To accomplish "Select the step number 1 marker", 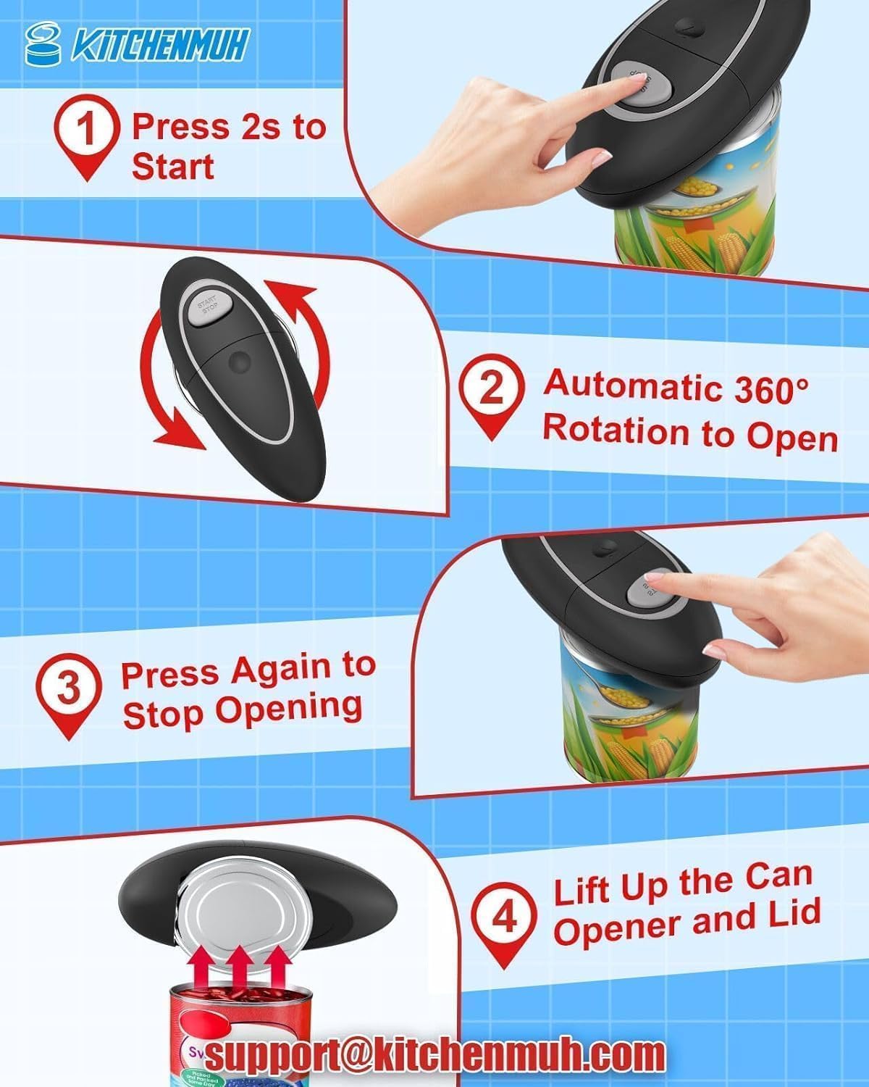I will click(x=86, y=131).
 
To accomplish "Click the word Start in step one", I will click(x=173, y=167).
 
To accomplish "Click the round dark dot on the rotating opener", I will click(x=238, y=360).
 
